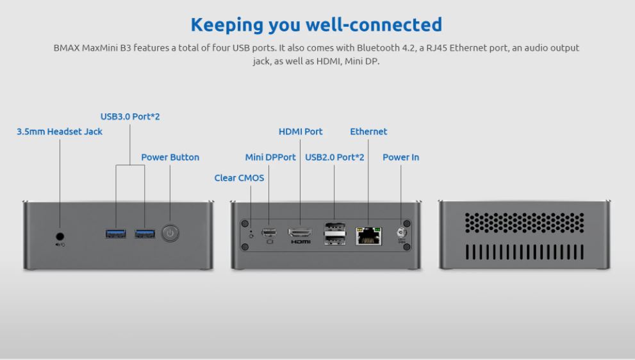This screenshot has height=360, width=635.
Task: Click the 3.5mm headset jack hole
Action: pos(60,236)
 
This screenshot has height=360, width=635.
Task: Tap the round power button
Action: pos(170,233)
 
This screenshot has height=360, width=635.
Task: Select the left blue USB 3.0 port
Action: pos(116,234)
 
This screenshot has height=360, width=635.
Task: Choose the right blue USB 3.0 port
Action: pos(145,234)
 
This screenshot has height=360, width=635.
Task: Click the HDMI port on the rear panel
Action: pos(300,233)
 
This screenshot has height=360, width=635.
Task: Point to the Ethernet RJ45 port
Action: pos(368,236)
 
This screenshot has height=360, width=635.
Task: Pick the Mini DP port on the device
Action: pos(269,233)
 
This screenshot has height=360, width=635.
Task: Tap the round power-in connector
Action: pos(401,233)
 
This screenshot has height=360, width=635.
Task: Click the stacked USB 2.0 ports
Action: pos(335,234)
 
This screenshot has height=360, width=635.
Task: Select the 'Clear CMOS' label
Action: pos(239,178)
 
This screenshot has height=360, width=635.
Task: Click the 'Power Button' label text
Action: pos(170,157)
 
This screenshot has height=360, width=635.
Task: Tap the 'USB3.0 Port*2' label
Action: pos(130,117)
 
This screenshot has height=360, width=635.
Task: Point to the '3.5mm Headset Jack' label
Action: pos(60,131)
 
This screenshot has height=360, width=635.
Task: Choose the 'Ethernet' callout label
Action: pos(368,131)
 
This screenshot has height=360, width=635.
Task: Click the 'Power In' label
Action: pos(401,157)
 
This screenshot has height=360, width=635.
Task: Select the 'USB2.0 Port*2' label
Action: pos(334,157)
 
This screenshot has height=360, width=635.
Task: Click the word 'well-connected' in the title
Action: pos(374,25)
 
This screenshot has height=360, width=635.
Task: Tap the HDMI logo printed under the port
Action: pos(301,241)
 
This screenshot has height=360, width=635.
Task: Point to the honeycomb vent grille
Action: pos(524,223)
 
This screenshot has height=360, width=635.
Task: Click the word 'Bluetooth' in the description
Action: pos(378,48)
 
